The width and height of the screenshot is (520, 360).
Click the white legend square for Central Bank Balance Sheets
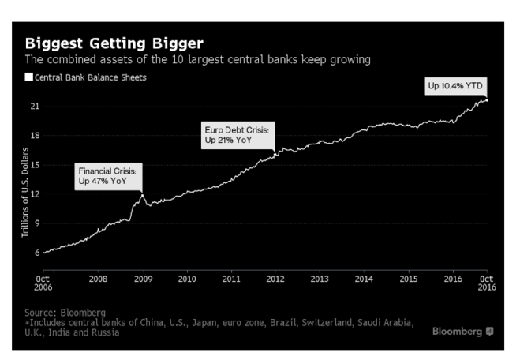tap(29, 77)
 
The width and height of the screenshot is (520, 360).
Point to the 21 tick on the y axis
tap(34, 106)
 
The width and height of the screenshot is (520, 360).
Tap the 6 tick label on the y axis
tap(36, 253)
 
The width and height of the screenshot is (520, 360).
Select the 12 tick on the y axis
tap(34, 194)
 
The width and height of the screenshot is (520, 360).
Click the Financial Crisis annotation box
tap(107, 176)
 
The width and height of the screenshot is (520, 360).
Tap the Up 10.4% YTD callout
tap(456, 84)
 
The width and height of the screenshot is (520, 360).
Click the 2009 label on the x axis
tap(142, 278)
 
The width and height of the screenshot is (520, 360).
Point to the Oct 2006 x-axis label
tap(44, 283)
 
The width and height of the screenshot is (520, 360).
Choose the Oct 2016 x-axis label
tap(487, 283)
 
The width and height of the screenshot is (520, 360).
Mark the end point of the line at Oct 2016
tap(487, 100)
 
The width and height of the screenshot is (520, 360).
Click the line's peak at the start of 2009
tap(142, 194)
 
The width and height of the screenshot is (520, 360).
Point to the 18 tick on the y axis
tap(34, 135)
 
